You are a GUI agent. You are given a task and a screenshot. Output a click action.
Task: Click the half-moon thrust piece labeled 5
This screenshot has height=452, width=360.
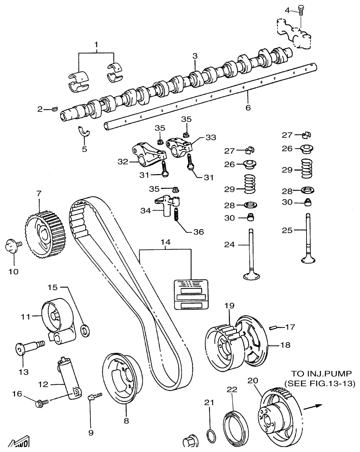(85, 132)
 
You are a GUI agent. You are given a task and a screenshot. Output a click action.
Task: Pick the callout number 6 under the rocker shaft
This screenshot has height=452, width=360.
(248, 107)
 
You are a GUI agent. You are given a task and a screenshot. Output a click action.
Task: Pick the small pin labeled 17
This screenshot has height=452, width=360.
(272, 327)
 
